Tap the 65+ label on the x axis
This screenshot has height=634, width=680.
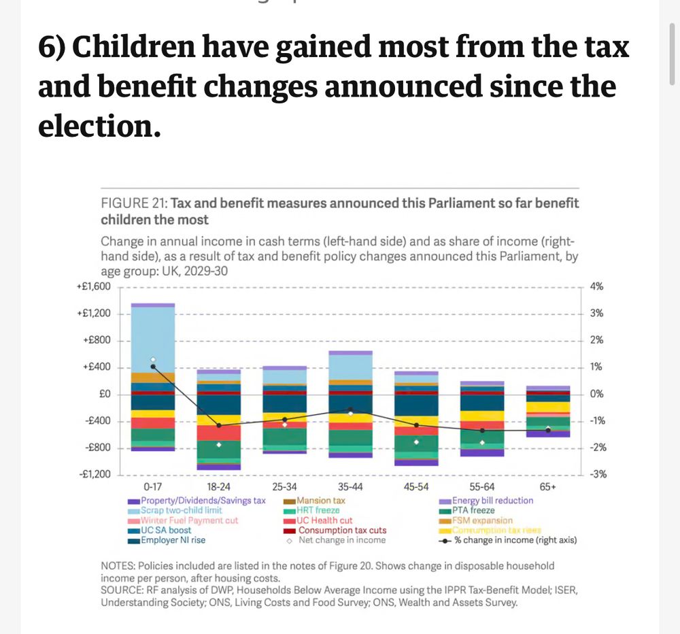(548, 487)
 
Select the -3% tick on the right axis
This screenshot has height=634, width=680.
(597, 474)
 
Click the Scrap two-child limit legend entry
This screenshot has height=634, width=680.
(180, 510)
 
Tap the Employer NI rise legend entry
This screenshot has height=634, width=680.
(173, 540)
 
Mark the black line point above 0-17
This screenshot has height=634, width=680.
(153, 367)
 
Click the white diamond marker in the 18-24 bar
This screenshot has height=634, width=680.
(219, 445)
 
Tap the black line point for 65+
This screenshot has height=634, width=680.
(548, 430)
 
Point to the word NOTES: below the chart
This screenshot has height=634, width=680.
(118, 566)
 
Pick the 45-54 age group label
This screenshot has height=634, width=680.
(416, 487)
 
